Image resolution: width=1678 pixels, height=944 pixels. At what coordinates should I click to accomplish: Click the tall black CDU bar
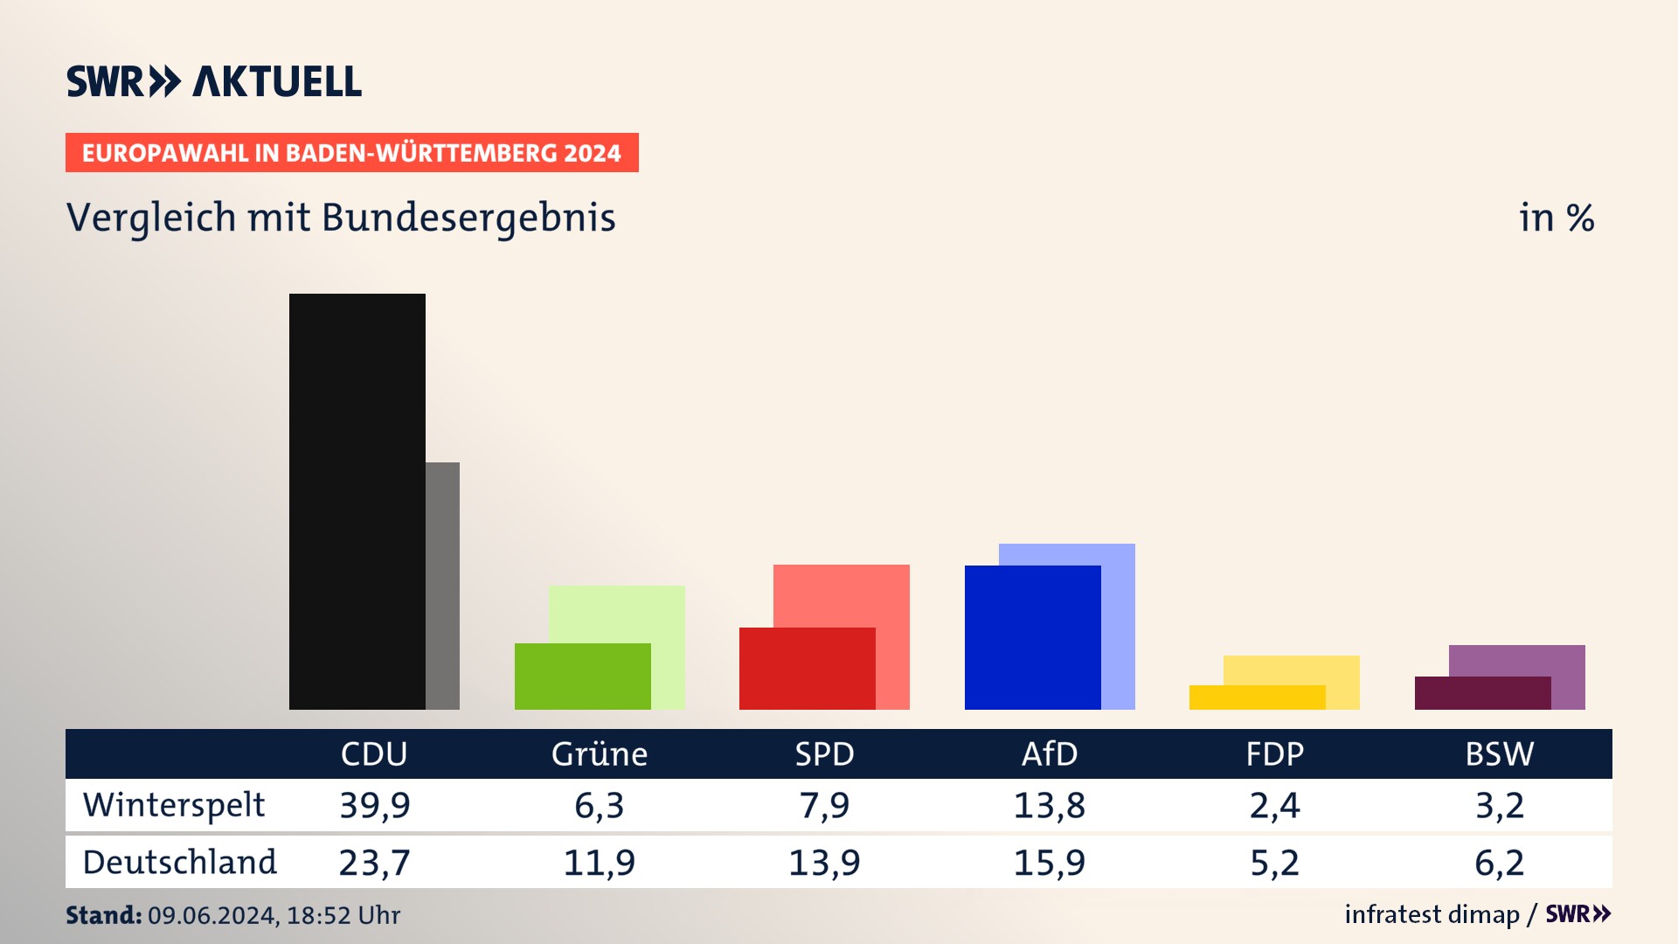(x=357, y=501)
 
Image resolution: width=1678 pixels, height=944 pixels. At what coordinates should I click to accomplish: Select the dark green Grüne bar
(x=582, y=677)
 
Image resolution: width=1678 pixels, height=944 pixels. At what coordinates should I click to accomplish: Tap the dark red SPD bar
(x=807, y=669)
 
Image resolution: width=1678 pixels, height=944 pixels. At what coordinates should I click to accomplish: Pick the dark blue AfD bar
(x=1032, y=637)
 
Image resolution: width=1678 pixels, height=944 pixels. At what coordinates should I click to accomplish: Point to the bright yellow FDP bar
(x=1257, y=698)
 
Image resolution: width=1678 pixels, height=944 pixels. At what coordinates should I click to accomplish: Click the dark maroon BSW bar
(x=1482, y=693)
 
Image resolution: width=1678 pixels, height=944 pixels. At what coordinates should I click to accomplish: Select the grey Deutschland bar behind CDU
(x=442, y=586)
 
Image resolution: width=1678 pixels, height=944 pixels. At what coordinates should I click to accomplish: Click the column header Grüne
(x=600, y=754)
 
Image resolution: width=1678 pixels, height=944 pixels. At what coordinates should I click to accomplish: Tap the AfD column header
(x=1050, y=754)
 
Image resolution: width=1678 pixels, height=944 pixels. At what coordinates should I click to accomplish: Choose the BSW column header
(x=1500, y=754)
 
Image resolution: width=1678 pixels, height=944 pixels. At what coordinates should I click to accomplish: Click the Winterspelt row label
(x=174, y=805)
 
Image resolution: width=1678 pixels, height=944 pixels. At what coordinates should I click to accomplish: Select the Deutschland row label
(x=180, y=863)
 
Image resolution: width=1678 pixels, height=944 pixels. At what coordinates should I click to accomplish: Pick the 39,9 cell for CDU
(x=375, y=805)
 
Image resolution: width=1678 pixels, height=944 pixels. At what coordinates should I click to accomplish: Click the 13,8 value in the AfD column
(x=1050, y=805)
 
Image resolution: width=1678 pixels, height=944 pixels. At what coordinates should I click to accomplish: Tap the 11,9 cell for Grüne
(x=600, y=863)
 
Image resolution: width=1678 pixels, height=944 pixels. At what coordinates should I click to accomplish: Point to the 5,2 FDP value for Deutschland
(x=1275, y=863)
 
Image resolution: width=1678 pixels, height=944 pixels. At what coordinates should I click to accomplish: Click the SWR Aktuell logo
(x=214, y=81)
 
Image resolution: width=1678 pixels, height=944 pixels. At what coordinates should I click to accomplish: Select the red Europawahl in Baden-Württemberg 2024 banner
(x=351, y=153)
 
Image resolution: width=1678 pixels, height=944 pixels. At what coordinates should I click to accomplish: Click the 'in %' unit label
(x=1557, y=218)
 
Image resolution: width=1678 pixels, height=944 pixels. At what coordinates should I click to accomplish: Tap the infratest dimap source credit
(x=1432, y=914)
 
